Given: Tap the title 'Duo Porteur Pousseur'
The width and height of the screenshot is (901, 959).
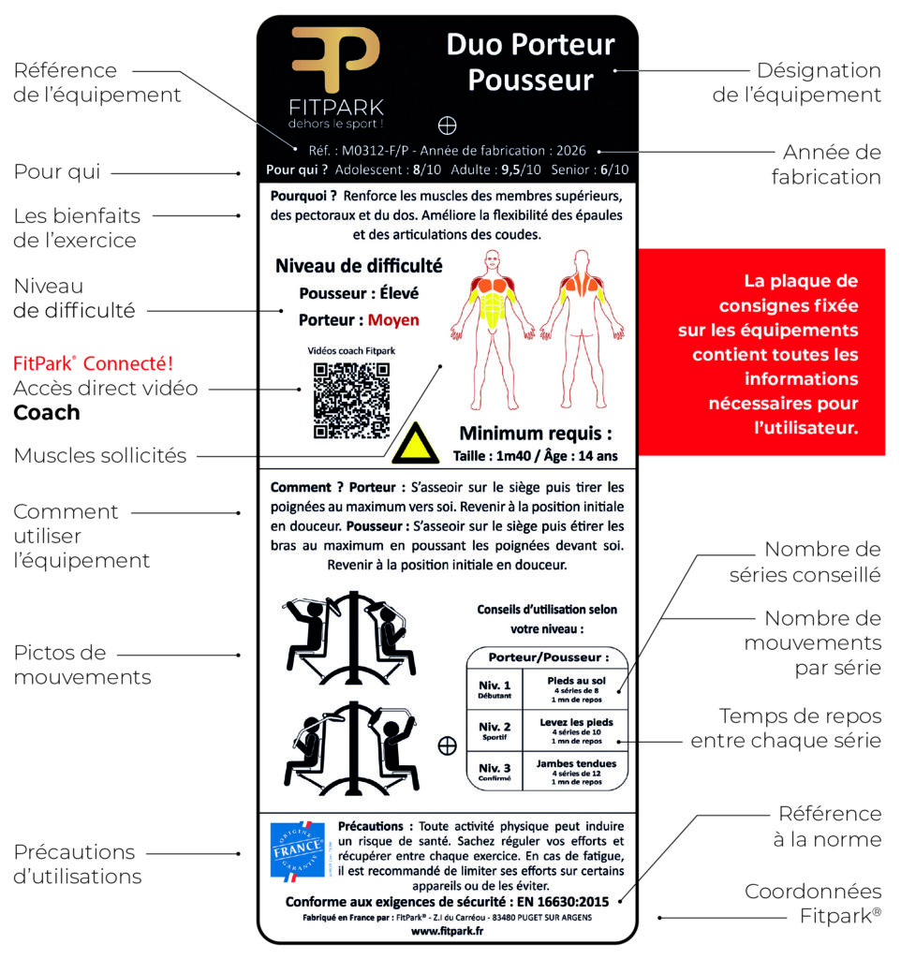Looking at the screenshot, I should click(529, 62).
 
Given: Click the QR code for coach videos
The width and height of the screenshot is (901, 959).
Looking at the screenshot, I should click(351, 400).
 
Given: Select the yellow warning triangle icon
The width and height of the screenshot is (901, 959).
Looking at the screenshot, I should click(416, 443).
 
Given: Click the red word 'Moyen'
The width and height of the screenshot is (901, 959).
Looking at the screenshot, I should click(393, 320).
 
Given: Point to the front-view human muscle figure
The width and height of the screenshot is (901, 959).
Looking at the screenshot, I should click(493, 294).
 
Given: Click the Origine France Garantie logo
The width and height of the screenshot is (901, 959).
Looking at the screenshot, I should click(297, 849).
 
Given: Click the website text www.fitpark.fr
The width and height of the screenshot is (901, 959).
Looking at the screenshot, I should click(447, 932).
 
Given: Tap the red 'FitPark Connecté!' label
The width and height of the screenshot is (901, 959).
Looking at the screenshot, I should click(93, 363).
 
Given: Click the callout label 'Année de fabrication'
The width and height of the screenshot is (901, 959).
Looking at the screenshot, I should click(826, 164).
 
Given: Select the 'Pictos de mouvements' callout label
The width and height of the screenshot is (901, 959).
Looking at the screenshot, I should click(81, 665).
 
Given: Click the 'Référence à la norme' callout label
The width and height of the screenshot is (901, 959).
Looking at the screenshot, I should click(829, 826).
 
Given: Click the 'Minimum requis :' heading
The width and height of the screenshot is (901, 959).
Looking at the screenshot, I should click(535, 434).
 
